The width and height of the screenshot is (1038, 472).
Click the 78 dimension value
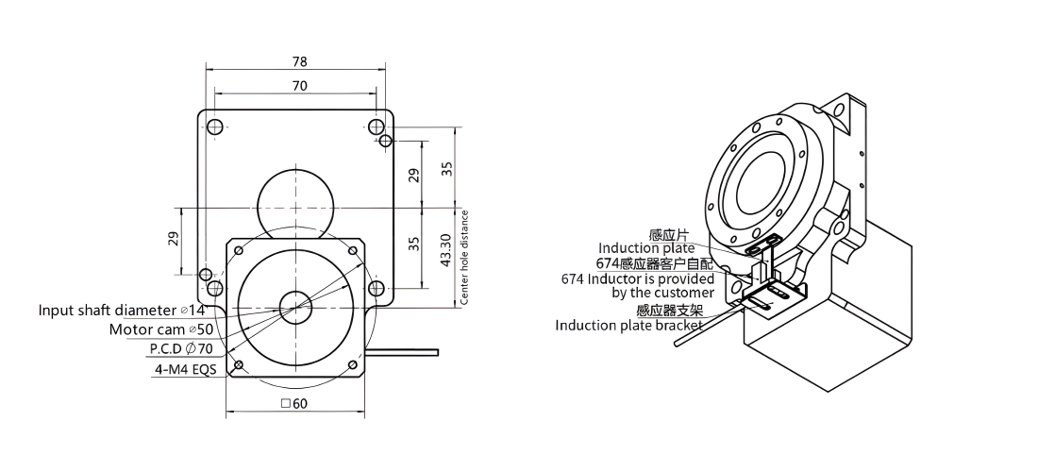300,61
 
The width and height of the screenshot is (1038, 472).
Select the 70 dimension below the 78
300,86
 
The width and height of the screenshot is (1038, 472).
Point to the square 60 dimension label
294,403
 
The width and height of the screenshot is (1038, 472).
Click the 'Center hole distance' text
464,258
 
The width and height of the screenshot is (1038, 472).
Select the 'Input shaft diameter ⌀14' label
123,310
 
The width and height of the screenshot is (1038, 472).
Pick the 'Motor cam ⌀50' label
160,329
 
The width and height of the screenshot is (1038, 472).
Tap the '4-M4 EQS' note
184,369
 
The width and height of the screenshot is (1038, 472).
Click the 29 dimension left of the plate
173,239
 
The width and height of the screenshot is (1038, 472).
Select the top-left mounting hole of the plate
214,126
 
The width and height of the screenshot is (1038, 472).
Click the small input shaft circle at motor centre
295,308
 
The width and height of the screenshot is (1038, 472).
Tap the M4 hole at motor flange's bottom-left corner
239,364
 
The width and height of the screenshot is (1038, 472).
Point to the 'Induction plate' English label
646,248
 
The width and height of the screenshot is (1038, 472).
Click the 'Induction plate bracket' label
628,325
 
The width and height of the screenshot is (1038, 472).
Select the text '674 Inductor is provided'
638,278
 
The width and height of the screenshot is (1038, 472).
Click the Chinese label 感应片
669,235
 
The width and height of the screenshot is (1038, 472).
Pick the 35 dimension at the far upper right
448,168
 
